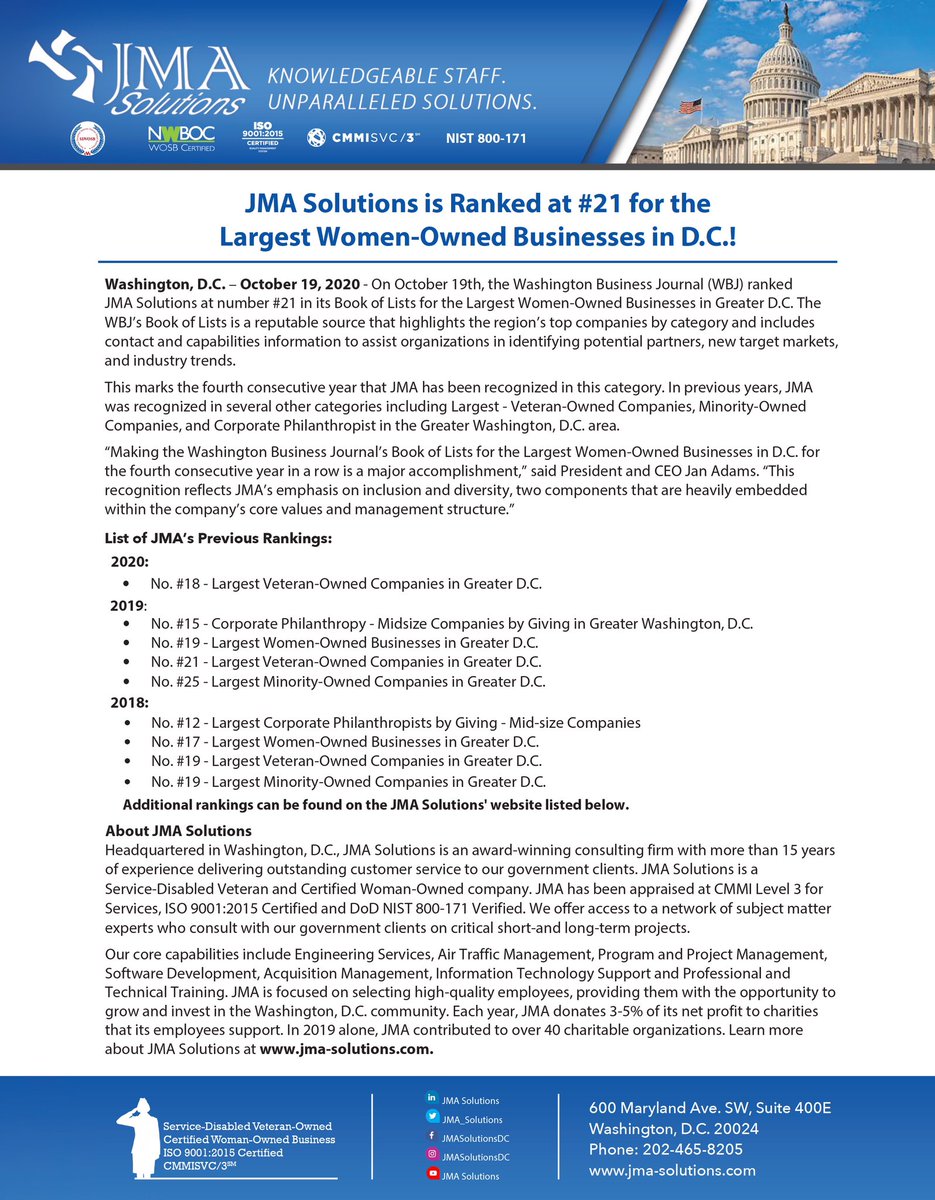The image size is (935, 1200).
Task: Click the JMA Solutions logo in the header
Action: click(x=140, y=75)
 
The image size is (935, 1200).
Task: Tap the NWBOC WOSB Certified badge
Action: click(x=181, y=138)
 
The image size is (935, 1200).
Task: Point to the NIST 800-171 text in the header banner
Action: click(x=486, y=138)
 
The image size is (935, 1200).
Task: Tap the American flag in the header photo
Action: click(x=689, y=105)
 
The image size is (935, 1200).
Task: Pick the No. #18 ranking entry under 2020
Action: click(x=346, y=583)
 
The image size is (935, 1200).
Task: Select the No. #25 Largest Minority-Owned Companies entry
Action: click(x=348, y=682)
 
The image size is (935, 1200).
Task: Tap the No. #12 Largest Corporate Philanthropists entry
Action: click(x=395, y=722)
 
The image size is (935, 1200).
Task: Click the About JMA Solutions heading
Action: click(x=178, y=831)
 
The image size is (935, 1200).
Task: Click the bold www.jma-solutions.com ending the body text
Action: click(x=346, y=1049)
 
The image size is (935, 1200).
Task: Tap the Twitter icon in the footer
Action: click(x=432, y=1118)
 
